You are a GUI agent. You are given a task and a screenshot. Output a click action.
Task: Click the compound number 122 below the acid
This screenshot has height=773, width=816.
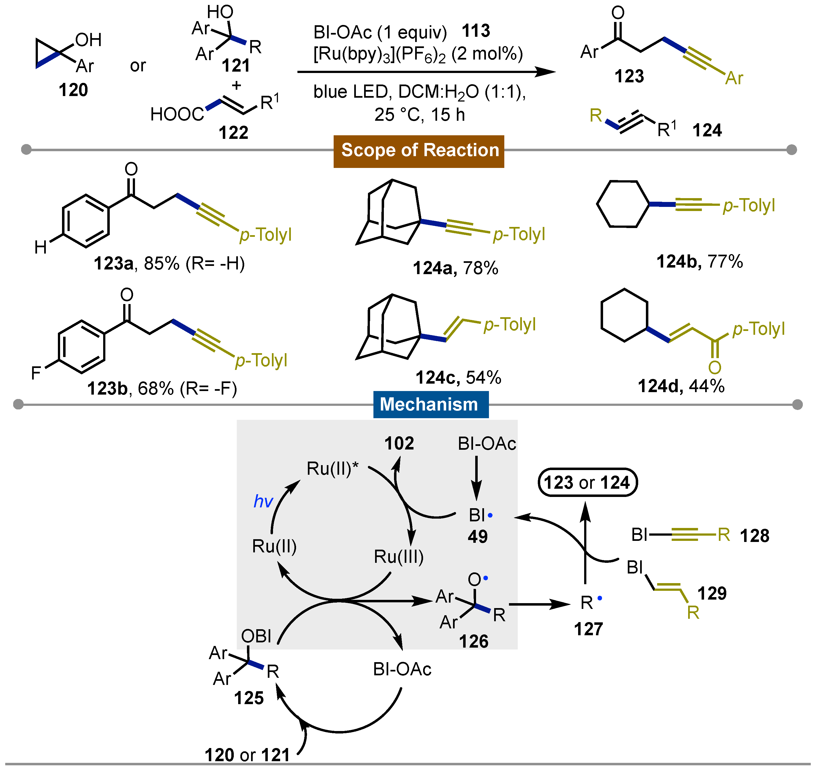click(233, 133)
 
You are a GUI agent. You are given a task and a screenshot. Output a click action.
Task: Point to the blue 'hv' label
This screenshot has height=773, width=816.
click(263, 501)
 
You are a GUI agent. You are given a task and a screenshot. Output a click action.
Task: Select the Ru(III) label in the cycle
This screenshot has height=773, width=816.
click(398, 557)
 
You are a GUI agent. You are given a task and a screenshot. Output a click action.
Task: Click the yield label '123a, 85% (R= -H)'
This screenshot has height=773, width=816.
click(169, 263)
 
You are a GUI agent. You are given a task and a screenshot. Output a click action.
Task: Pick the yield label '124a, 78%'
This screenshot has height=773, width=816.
click(455, 268)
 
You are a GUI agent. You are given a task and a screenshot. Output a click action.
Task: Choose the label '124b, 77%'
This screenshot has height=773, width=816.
click(699, 262)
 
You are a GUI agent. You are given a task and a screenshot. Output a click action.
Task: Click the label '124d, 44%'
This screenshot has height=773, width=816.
click(681, 386)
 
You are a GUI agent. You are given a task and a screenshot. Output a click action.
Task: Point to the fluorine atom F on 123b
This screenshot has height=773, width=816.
click(36, 373)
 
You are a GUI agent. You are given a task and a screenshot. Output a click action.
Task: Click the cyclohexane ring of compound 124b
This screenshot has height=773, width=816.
click(623, 204)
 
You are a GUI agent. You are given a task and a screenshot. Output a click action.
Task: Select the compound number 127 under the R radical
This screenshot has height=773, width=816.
click(588, 629)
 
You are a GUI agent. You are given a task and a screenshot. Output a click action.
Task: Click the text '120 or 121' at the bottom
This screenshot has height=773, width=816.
click(247, 755)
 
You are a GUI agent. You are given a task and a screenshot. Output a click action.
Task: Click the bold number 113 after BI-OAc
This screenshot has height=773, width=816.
click(476, 31)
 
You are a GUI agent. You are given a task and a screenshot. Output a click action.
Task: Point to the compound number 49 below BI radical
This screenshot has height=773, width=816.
click(477, 536)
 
